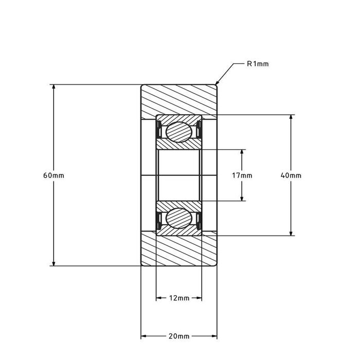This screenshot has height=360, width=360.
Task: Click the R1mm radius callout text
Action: coord(258,64)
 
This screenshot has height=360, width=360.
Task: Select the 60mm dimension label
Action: coord(53,175)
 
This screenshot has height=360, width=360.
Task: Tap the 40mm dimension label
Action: coord(291,175)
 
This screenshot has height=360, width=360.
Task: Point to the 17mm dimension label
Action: coord(242,175)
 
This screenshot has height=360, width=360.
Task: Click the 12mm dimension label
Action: coord(179,298)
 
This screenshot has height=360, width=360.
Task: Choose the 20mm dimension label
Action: coord(179,336)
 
